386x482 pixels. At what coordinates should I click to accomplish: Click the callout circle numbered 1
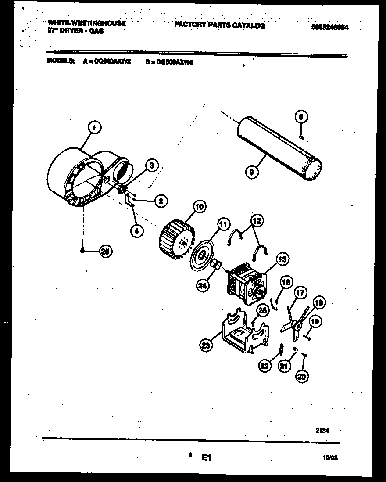click(x=94, y=128)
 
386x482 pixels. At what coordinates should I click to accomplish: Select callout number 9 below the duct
click(x=250, y=173)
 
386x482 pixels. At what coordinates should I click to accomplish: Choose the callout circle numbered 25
click(x=105, y=251)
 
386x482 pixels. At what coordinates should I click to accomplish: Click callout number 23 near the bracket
click(x=205, y=345)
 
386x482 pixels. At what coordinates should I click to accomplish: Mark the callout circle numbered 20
click(x=302, y=376)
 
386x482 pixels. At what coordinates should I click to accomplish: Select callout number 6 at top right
click(x=301, y=117)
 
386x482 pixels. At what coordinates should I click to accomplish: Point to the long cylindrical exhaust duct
click(x=279, y=151)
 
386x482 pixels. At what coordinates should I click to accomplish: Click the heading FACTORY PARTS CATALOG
click(x=219, y=25)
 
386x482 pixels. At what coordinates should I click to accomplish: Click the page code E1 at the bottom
click(x=207, y=457)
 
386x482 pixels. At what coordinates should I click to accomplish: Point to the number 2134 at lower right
click(x=322, y=431)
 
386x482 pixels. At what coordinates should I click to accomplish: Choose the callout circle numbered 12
click(x=257, y=220)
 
